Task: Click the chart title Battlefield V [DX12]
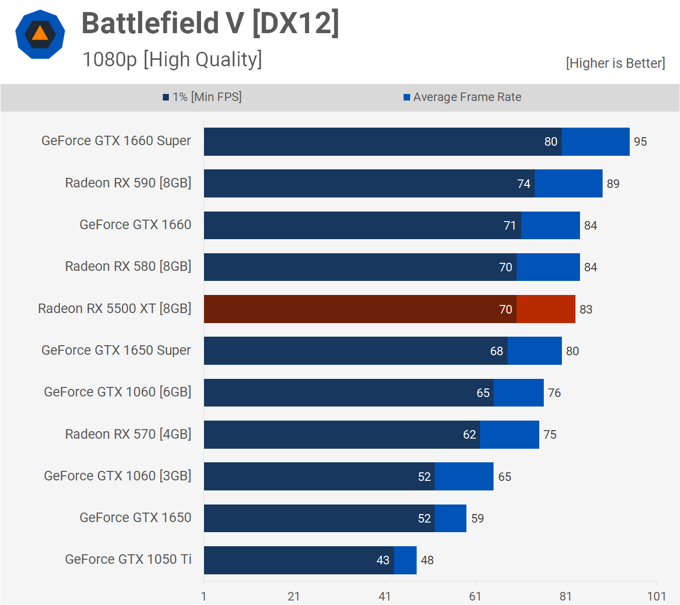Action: pyautogui.click(x=210, y=23)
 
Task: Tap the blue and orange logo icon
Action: pyautogui.click(x=40, y=34)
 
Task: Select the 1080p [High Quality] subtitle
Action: pyautogui.click(x=172, y=59)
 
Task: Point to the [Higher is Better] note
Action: pyautogui.click(x=615, y=63)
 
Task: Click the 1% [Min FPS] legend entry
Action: pyautogui.click(x=202, y=97)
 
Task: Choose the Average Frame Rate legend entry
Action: pyautogui.click(x=462, y=97)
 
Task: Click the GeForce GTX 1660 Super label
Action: pyautogui.click(x=116, y=141)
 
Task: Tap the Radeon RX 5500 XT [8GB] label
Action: pyautogui.click(x=115, y=309)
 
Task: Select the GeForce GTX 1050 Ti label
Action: pyautogui.click(x=128, y=559)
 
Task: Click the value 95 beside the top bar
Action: pyautogui.click(x=640, y=142)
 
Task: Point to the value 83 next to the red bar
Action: pyautogui.click(x=586, y=310)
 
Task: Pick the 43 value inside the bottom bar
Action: pyautogui.click(x=383, y=560)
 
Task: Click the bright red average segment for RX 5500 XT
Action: pyautogui.click(x=546, y=309)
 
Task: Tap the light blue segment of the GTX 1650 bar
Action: pyautogui.click(x=450, y=518)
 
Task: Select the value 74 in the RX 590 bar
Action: pyautogui.click(x=524, y=184)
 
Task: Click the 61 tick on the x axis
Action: pyautogui.click(x=475, y=596)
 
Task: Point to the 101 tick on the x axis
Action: pyautogui.click(x=656, y=596)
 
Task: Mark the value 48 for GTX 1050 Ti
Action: pyautogui.click(x=427, y=560)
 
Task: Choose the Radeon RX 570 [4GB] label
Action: pyautogui.click(x=128, y=434)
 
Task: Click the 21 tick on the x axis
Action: pyautogui.click(x=294, y=596)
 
